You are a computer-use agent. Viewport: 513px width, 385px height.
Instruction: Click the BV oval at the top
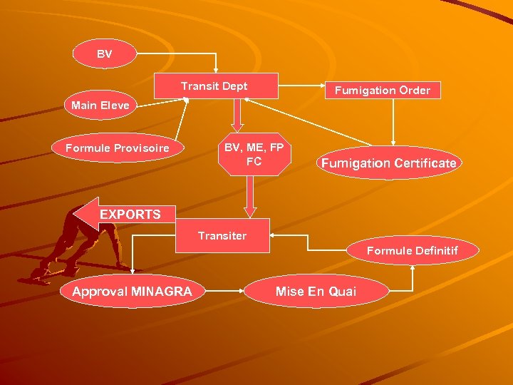click(105, 54)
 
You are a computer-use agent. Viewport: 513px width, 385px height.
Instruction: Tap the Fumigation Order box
click(383, 91)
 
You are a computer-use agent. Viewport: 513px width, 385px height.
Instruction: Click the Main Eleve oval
click(100, 106)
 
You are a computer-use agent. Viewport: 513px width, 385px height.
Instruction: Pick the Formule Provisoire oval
click(118, 148)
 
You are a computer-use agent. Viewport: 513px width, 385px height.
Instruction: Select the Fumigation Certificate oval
click(388, 163)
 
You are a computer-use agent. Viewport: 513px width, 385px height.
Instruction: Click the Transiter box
click(222, 235)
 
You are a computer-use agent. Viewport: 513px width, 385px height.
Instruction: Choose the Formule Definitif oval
click(412, 250)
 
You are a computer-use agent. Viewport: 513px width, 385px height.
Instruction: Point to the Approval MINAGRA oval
click(132, 291)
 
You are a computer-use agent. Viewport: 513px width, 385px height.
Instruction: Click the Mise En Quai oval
click(316, 291)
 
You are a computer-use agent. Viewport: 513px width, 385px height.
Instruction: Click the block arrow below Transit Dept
click(238, 113)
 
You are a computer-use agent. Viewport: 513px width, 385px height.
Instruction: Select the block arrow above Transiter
click(249, 196)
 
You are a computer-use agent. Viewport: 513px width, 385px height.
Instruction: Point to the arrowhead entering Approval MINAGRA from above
click(133, 269)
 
